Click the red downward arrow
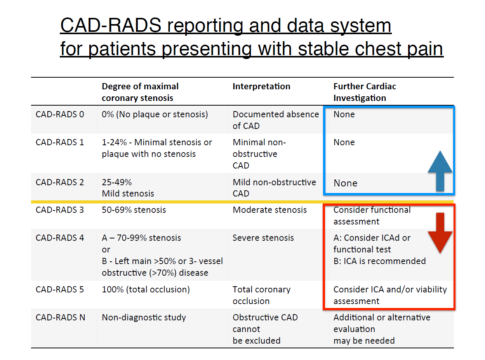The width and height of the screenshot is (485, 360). pos(440,233)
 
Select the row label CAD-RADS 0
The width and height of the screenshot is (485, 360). pos(60,115)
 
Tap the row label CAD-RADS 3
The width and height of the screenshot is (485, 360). pos(60,210)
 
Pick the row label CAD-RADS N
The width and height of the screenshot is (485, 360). pos(60,317)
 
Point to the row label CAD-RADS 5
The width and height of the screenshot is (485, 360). pos(60,290)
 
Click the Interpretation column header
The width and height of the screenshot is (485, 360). pos(261,86)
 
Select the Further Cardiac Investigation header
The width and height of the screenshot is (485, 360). pos(365,92)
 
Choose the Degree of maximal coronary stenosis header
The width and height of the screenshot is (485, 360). pos(140,92)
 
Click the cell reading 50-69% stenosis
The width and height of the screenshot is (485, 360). pos(134,210)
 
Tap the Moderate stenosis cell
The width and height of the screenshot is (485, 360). pos(269,210)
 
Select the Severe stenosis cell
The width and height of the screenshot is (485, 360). pos(263,238)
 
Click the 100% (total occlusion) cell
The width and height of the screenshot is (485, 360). pos(146,290)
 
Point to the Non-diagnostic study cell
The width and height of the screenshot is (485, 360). pos(144,318)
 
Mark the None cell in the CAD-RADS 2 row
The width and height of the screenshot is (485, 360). pos(346,183)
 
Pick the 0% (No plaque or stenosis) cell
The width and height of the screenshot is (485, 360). pos(155,115)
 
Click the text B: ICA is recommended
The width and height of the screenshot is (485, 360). pos(379,261)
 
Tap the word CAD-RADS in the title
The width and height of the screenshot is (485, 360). pos(111,25)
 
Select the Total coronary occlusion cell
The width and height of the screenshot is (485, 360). pos(261,295)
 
